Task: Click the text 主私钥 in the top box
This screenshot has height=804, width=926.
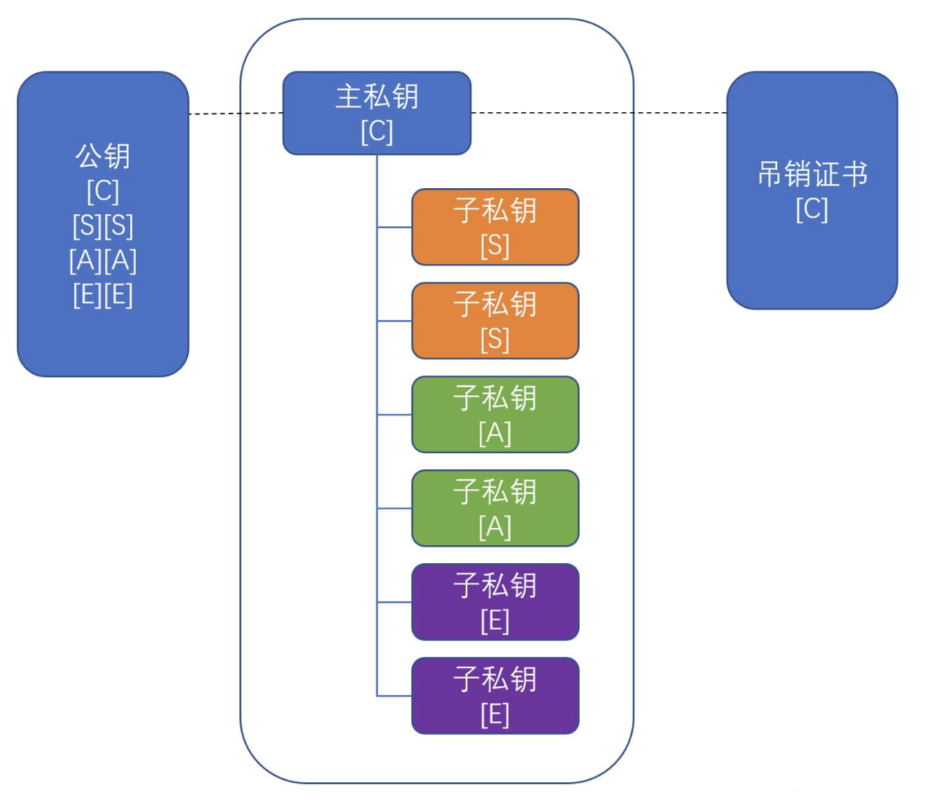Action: point(376,97)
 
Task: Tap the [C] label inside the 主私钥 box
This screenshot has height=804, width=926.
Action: point(376,132)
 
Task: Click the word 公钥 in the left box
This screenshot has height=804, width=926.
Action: point(103,156)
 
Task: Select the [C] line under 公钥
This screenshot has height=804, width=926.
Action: point(103,191)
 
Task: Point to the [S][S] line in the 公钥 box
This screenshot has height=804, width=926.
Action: point(103,226)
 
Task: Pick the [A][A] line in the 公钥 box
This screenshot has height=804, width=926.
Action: point(103,261)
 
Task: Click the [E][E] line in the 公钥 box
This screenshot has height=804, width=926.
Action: point(103,296)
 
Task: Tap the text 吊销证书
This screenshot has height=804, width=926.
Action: point(812,174)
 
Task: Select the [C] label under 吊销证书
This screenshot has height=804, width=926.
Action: point(812,209)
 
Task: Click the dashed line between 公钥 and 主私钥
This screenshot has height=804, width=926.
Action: point(235,114)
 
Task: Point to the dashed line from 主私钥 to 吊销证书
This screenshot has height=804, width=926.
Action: point(599,113)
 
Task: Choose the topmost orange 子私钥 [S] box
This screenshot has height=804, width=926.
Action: point(495,227)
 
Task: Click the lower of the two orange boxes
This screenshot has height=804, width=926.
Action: point(495,320)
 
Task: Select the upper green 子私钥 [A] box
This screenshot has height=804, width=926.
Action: point(495,414)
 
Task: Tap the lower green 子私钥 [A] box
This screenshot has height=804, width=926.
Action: point(495,508)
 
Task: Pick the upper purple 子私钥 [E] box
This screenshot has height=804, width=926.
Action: point(495,602)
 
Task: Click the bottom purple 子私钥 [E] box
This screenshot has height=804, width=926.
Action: point(495,696)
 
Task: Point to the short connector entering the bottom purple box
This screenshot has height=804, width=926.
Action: point(394,696)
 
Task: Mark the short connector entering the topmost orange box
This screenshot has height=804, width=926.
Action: point(394,227)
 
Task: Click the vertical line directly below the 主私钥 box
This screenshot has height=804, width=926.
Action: point(377,425)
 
